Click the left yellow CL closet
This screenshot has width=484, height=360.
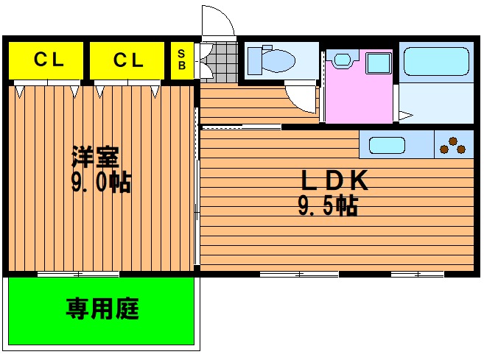pyautogui.click(x=46, y=60)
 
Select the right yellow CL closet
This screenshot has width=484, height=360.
pyautogui.click(x=127, y=60)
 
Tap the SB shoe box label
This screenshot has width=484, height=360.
pyautogui.click(x=182, y=60)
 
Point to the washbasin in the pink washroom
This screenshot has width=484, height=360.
pyautogui.click(x=343, y=59)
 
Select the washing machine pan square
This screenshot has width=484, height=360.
pyautogui.click(x=379, y=63)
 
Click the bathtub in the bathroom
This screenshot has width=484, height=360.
pyautogui.click(x=436, y=61)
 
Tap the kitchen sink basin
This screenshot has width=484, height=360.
pyautogui.click(x=387, y=145)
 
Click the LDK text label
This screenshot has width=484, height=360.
pyautogui.click(x=334, y=180)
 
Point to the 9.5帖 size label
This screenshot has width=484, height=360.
pyautogui.click(x=328, y=205)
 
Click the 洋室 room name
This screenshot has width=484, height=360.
pyautogui.click(x=95, y=156)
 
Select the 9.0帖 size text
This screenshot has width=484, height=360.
pyautogui.click(x=101, y=182)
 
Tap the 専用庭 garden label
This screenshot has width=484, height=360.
pyautogui.click(x=102, y=308)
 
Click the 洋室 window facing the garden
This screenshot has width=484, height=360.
pyautogui.click(x=78, y=275)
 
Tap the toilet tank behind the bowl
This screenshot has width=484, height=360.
pyautogui.click(x=255, y=61)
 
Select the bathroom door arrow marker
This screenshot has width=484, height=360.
pyautogui.click(x=406, y=116)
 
